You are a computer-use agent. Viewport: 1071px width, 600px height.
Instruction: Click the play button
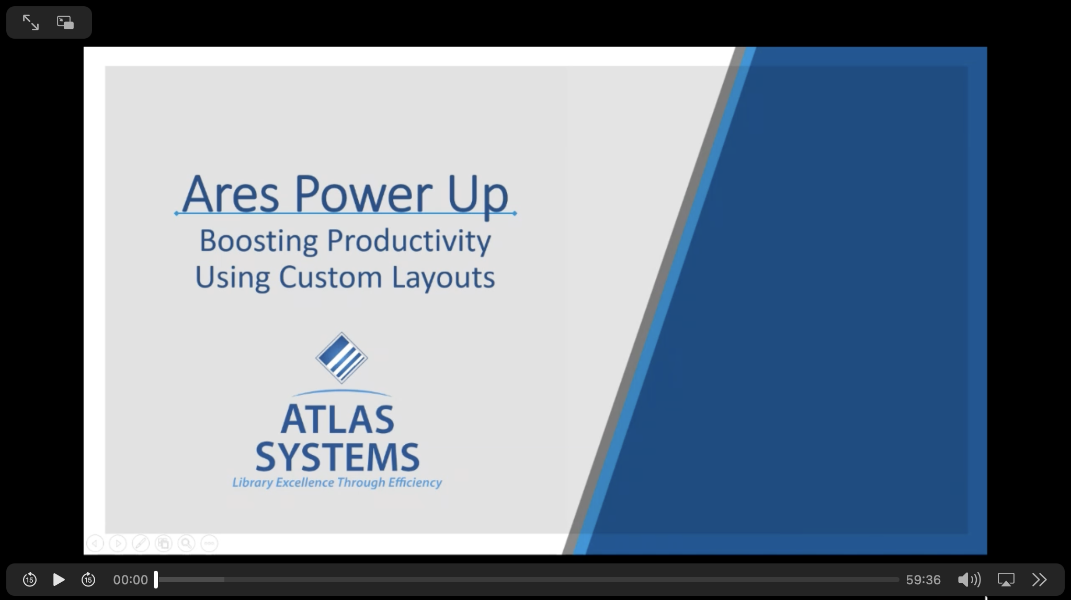[x=59, y=580]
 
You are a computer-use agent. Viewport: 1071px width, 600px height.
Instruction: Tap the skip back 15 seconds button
[x=30, y=580]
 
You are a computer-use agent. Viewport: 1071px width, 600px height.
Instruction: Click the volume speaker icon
[x=969, y=580]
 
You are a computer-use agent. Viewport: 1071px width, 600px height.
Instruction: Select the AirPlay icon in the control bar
[x=1006, y=580]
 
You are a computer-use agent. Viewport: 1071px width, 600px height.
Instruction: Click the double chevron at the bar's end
[x=1039, y=580]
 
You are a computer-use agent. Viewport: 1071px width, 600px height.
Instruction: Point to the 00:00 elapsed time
[x=130, y=580]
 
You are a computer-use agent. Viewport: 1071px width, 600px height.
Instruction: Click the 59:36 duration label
[x=923, y=580]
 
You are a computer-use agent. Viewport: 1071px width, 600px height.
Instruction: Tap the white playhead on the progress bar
[x=156, y=580]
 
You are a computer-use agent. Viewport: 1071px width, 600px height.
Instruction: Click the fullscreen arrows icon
[x=31, y=22]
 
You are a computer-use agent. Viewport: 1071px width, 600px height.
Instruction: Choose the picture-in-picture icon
[x=65, y=22]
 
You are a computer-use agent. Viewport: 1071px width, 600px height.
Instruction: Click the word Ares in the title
[x=231, y=194]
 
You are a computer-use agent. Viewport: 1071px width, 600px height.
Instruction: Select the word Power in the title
[x=363, y=193]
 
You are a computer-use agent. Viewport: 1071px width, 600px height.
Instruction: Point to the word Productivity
[x=409, y=241]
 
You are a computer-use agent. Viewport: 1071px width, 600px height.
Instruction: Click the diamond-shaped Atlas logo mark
[x=341, y=358]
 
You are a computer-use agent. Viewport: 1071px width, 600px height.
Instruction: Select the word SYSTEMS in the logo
[x=337, y=457]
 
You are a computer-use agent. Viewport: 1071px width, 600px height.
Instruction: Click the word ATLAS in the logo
[x=337, y=419]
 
